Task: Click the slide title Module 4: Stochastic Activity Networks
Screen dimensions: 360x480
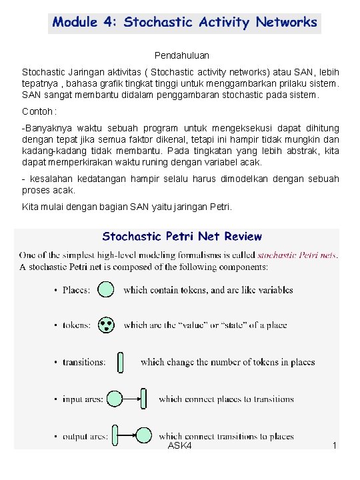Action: click(x=185, y=23)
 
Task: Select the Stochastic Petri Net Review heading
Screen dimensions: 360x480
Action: click(x=182, y=237)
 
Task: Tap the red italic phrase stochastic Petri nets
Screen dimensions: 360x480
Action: click(x=297, y=255)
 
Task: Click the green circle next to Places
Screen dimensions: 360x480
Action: click(x=106, y=290)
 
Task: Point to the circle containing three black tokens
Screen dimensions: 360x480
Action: click(x=106, y=325)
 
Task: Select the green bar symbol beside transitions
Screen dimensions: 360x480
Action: click(x=120, y=362)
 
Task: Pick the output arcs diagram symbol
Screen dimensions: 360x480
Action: click(x=132, y=437)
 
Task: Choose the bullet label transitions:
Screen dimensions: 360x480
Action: click(x=84, y=362)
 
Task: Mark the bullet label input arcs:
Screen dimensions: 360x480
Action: click(x=83, y=399)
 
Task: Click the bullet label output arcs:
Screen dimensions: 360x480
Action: click(x=85, y=437)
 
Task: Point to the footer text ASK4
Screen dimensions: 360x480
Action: click(x=180, y=445)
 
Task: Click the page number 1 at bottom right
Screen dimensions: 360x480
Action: click(x=334, y=445)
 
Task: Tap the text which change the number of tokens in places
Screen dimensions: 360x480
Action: click(x=227, y=362)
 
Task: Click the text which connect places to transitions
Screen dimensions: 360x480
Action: click(x=226, y=399)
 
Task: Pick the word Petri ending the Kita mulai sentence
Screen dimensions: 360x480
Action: click(x=219, y=207)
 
